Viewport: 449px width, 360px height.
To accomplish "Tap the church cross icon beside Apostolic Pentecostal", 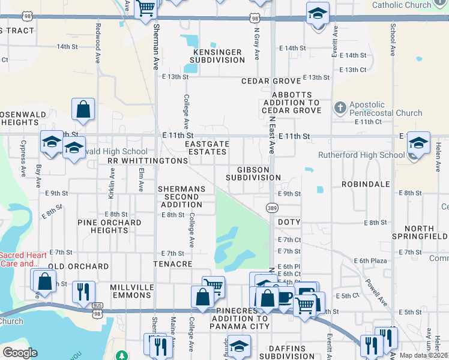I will pyautogui.click(x=340, y=108).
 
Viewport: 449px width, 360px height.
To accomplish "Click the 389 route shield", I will pyautogui.click(x=272, y=208).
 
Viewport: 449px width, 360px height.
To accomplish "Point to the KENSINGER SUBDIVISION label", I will pyautogui.click(x=217, y=56).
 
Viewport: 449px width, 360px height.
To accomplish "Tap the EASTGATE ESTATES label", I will pyautogui.click(x=206, y=148).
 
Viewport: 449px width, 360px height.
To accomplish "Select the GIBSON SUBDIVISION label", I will pyautogui.click(x=253, y=173).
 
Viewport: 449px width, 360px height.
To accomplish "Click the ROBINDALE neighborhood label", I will pyautogui.click(x=366, y=184).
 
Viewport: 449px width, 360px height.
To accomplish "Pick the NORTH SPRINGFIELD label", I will pyautogui.click(x=427, y=232).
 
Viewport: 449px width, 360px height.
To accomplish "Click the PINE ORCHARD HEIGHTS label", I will pyautogui.click(x=109, y=226).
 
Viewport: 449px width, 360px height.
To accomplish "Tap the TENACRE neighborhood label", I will pyautogui.click(x=172, y=264).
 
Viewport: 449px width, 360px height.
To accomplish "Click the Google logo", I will pyautogui.click(x=20, y=353).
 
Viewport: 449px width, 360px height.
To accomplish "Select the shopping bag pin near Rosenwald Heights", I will pyautogui.click(x=83, y=110).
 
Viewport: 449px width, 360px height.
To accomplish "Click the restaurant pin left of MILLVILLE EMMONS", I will pyautogui.click(x=83, y=292).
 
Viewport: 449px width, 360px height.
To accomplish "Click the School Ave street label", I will pyautogui.click(x=393, y=40).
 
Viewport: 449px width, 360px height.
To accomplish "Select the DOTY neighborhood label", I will pyautogui.click(x=289, y=222).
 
